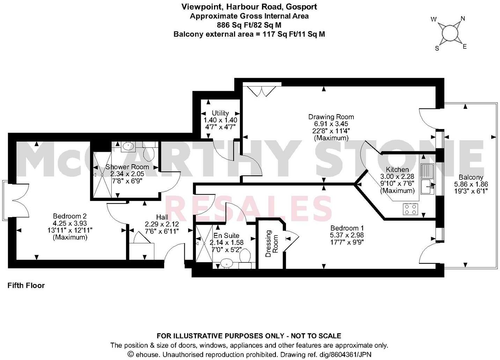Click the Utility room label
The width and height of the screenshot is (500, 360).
tap(220, 113)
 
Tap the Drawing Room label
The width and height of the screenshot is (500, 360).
tap(331, 117)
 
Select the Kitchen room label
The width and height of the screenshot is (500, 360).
tap(397, 170)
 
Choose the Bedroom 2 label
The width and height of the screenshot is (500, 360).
tap(69, 216)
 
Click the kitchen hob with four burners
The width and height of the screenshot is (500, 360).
tap(410, 209)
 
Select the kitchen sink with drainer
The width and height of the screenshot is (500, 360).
tap(427, 178)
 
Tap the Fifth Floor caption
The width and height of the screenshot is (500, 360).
tap(26, 285)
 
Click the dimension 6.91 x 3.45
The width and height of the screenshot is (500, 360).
tap(331, 124)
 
